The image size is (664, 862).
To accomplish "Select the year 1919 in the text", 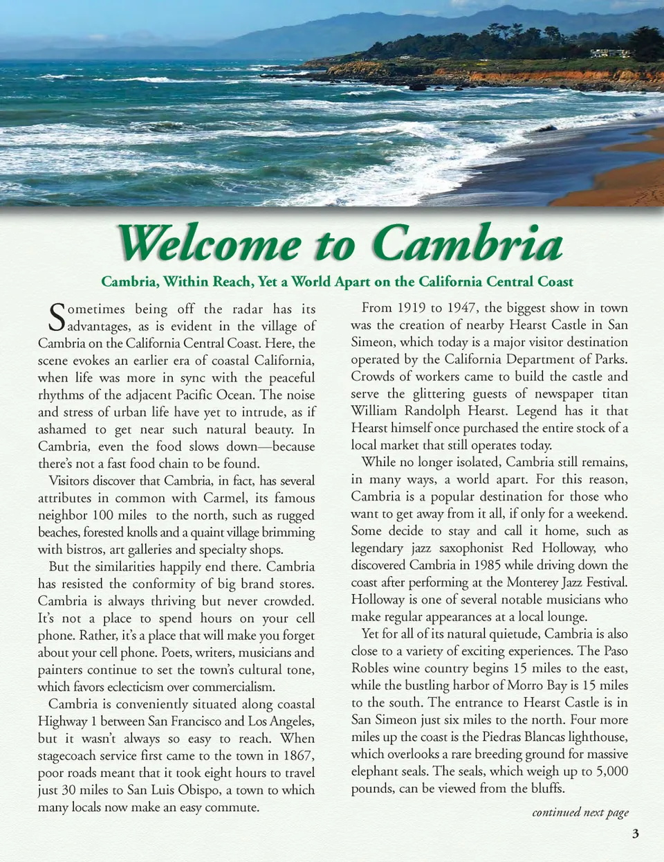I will click(412, 307).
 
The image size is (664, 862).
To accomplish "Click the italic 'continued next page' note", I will click(580, 812).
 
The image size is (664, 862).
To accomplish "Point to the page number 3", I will click(635, 834).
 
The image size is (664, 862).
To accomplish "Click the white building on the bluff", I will click(609, 53).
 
